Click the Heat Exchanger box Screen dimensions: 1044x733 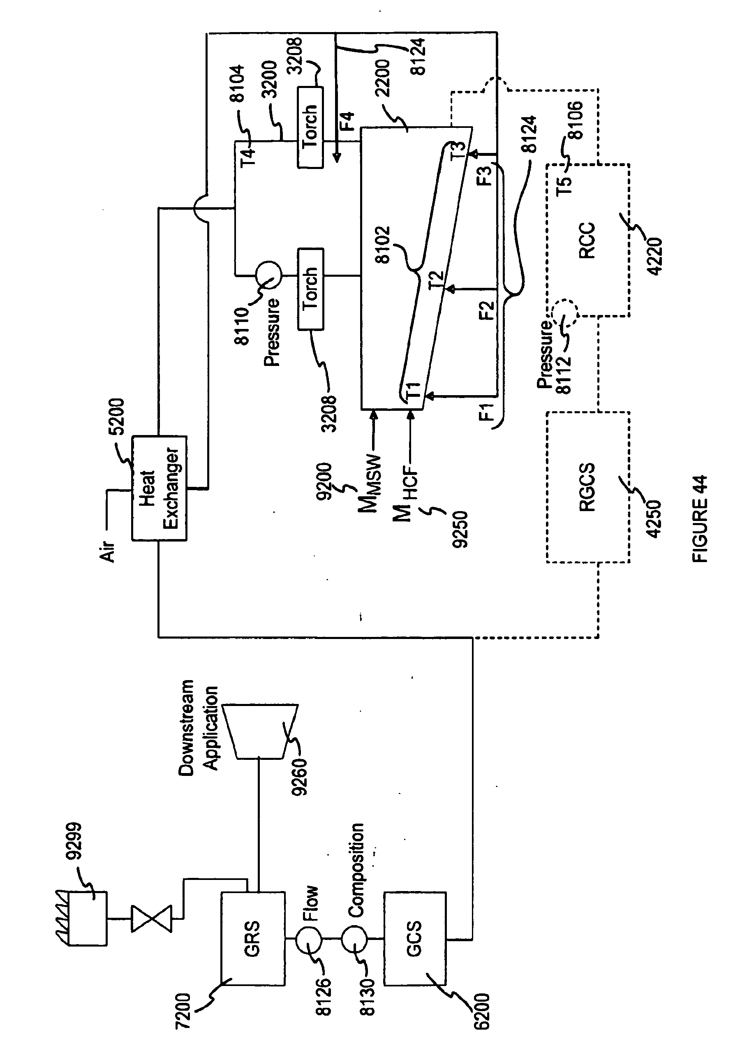(x=159, y=488)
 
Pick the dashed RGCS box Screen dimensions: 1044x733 (x=587, y=487)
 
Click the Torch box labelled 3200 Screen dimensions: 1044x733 (x=310, y=127)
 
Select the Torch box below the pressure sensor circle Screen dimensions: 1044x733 (x=310, y=288)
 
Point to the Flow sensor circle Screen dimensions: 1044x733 (x=309, y=938)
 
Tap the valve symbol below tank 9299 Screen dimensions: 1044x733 (x=151, y=919)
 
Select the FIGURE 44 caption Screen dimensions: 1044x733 (x=700, y=519)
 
